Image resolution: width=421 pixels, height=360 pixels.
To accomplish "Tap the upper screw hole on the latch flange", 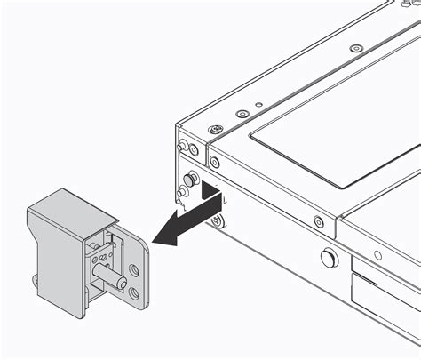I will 134,266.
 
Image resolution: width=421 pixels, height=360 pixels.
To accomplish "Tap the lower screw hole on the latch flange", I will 132,291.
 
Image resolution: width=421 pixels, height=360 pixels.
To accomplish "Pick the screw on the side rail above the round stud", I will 319,220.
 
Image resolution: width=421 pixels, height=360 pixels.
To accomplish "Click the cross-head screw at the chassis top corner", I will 214,130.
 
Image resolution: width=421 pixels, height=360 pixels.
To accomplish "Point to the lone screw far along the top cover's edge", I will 355,47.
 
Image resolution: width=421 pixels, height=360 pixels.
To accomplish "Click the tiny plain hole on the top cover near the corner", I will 258,105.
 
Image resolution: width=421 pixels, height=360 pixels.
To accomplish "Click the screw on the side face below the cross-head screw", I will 214,161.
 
